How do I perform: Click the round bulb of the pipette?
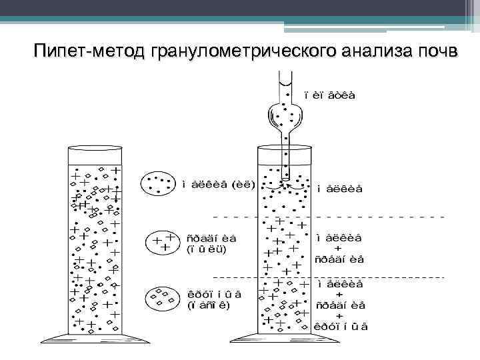click(x=287, y=118)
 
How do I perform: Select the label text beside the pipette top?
click(x=329, y=95)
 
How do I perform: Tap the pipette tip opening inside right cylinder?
click(x=285, y=179)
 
